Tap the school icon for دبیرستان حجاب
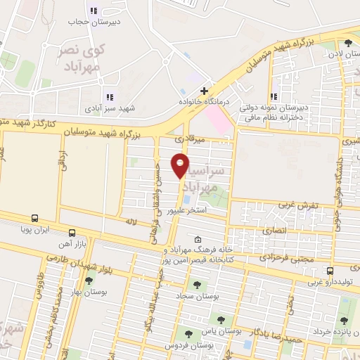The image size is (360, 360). pyautogui.click(x=94, y=11)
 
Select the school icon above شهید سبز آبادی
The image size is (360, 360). pyautogui.click(x=109, y=97)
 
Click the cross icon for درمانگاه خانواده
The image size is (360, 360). pyautogui.click(x=204, y=91)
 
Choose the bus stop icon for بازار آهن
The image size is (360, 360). pyautogui.click(x=72, y=233)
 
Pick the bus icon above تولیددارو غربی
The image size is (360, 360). pyautogui.click(x=330, y=271)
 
